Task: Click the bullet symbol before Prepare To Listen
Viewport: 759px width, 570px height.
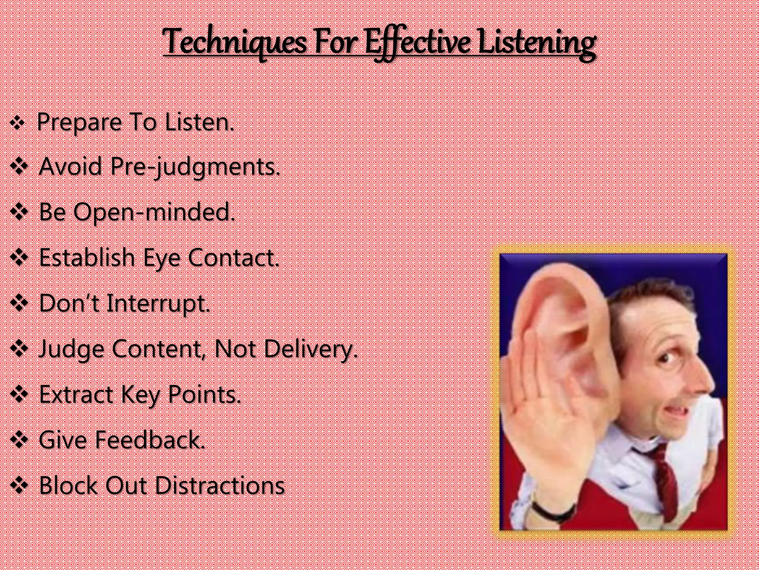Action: [x=17, y=123]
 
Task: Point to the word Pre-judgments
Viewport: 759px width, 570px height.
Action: [x=195, y=166]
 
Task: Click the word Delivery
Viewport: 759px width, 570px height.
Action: [x=310, y=349]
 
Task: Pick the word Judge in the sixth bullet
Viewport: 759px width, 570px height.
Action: [x=71, y=349]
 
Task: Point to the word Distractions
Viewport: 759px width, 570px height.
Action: [x=222, y=485]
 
